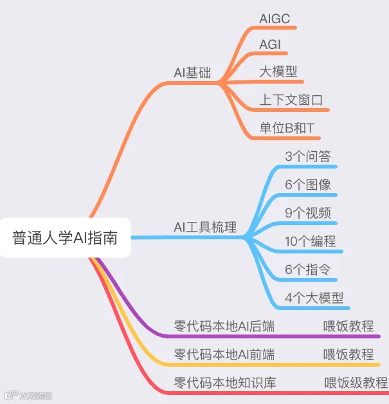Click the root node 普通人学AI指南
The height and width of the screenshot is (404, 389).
pyautogui.click(x=64, y=237)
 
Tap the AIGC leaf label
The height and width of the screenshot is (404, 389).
pyautogui.click(x=275, y=19)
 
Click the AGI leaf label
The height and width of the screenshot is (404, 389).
pyautogui.click(x=270, y=45)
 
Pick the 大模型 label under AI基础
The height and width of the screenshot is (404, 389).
pyautogui.click(x=278, y=71)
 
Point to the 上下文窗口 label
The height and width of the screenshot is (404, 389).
pyautogui.click(x=291, y=100)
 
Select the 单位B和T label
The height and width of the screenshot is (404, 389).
pyautogui.click(x=287, y=128)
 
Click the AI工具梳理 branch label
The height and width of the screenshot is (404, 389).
pyautogui.click(x=205, y=227)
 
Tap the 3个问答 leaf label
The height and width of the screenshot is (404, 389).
pyautogui.click(x=308, y=156)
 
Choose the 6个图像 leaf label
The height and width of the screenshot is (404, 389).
pyautogui.click(x=308, y=185)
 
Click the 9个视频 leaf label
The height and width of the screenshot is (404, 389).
pyautogui.click(x=308, y=213)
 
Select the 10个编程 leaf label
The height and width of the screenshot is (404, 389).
pyautogui.click(x=311, y=241)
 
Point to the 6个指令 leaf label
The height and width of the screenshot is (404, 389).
pyautogui.click(x=308, y=270)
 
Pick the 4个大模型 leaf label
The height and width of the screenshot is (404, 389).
pyautogui.click(x=314, y=298)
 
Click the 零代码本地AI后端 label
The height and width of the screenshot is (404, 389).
pyautogui.click(x=224, y=326)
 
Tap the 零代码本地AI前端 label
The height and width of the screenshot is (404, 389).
pyautogui.click(x=224, y=354)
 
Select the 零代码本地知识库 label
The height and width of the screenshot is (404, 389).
pyautogui.click(x=224, y=383)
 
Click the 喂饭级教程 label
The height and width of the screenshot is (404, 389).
pyautogui.click(x=356, y=383)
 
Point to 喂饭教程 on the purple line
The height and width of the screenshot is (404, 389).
pyautogui.click(x=348, y=326)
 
